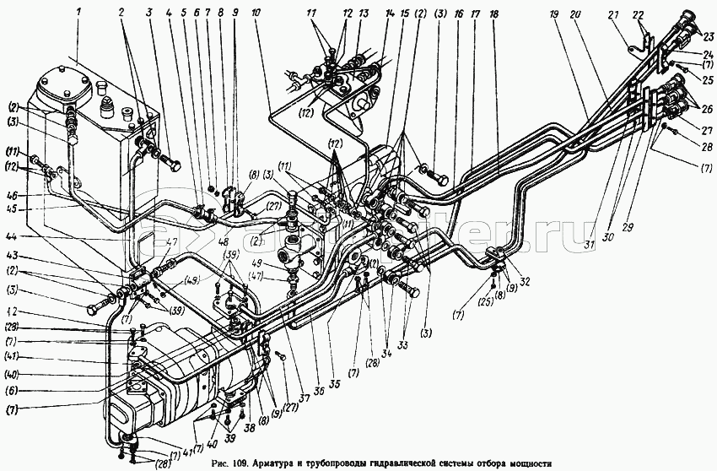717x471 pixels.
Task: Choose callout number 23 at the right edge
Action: pyautogui.click(x=707, y=35)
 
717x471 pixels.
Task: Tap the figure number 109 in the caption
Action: pyautogui.click(x=232, y=463)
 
